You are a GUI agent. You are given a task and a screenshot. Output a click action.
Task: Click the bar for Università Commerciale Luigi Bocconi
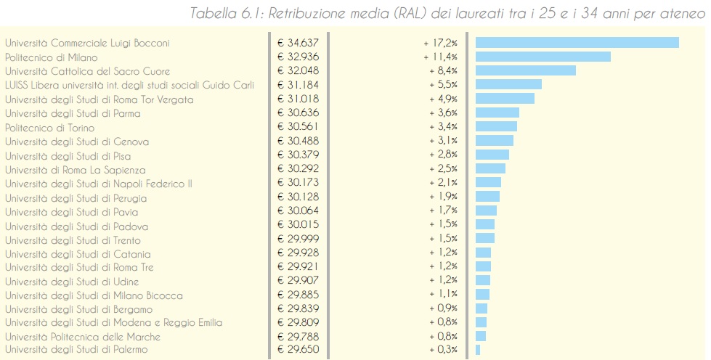[577, 43]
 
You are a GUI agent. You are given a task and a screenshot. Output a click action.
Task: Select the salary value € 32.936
[298, 57]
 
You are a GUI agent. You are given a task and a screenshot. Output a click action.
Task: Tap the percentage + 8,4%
[442, 71]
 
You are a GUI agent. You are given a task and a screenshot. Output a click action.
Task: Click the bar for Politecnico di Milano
[543, 57]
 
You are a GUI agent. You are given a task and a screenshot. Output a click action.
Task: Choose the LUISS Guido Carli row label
[129, 85]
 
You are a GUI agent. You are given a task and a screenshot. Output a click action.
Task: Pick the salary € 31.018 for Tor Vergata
[298, 99]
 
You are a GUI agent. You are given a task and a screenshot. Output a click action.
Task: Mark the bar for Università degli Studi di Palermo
[478, 350]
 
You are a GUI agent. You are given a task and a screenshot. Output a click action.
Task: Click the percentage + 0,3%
[442, 350]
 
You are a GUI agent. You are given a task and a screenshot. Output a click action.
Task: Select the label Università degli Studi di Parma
[73, 113]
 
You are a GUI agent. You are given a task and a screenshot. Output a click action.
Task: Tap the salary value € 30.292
[298, 169]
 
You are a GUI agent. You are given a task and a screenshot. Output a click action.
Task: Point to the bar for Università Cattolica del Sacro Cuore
[525, 71]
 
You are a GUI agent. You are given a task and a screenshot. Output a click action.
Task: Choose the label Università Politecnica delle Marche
[82, 337]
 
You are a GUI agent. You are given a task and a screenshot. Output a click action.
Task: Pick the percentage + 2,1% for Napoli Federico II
[442, 184]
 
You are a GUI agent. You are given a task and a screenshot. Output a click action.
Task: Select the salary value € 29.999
[298, 240]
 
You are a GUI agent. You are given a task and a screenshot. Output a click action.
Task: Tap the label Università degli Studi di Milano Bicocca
[94, 295]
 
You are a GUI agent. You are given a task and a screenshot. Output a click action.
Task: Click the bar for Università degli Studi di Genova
[494, 141]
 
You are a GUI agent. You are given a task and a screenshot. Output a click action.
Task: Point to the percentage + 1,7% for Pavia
[442, 212]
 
